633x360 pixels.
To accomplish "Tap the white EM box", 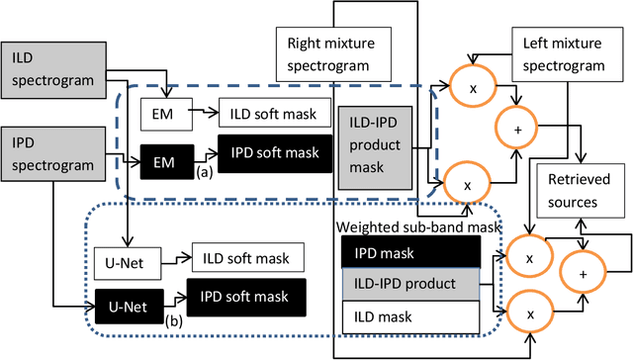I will coord(162,115).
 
